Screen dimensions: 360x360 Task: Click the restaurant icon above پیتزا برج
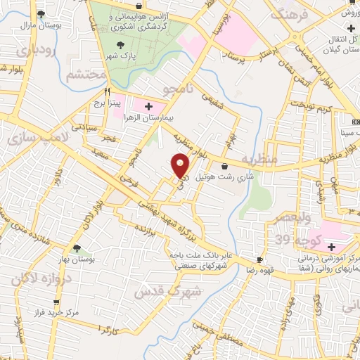pyautogui.click(x=108, y=91)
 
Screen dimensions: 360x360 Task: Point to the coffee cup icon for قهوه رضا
pyautogui.click(x=260, y=259)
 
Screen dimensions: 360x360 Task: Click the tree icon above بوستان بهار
pyautogui.click(x=76, y=247)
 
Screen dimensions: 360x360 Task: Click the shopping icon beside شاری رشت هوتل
pyautogui.click(x=224, y=167)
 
